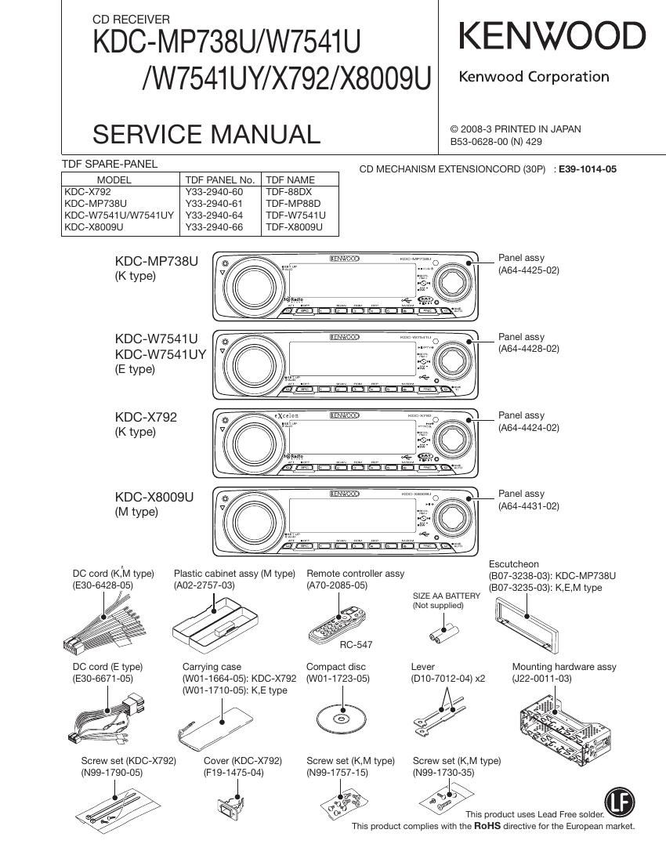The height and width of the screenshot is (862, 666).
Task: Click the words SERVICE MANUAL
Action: [206, 134]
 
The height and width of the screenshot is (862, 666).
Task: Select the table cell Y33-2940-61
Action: [214, 203]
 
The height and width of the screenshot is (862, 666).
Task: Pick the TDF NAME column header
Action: [290, 179]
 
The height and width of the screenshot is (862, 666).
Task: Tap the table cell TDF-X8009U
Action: [294, 227]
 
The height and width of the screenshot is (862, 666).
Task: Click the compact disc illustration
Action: [340, 718]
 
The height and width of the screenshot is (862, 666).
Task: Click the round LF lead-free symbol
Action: [620, 802]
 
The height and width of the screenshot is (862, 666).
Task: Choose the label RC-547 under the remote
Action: [356, 645]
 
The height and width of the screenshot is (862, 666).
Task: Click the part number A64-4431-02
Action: [529, 506]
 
